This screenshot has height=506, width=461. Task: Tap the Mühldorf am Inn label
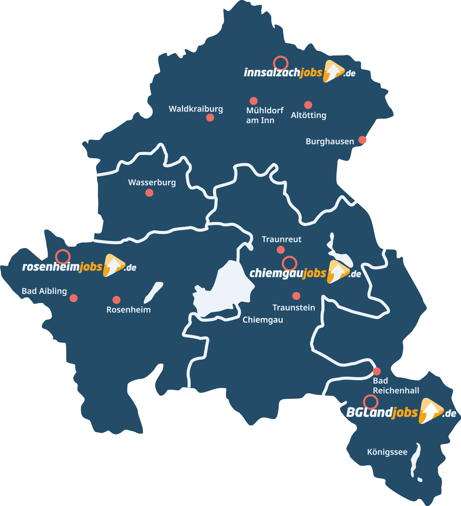[265, 115]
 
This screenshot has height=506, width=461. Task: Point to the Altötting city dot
[308, 105]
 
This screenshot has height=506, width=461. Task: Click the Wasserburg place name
[152, 182]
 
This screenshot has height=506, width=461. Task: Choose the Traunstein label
[294, 308]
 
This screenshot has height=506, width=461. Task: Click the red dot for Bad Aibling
[73, 298]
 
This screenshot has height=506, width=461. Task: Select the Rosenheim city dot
[116, 300]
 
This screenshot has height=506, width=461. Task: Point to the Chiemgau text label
[263, 320]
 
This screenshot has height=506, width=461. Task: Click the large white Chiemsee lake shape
[223, 291]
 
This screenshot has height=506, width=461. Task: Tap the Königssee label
[387, 452]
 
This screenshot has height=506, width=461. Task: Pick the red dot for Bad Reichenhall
[376, 371]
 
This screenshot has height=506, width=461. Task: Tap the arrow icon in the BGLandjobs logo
[430, 411]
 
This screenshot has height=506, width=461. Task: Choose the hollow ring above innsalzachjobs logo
[281, 63]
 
